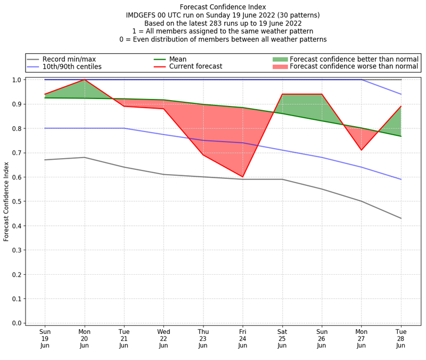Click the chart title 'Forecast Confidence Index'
(223, 7)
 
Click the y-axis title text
(7, 201)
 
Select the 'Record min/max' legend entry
(69, 59)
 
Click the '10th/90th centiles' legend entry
(72, 67)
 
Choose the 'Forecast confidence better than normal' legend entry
(354, 59)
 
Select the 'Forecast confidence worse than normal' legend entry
(354, 67)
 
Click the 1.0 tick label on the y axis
(17, 80)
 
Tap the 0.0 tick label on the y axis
(17, 323)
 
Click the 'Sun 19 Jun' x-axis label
(45, 339)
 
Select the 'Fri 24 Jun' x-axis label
(243, 339)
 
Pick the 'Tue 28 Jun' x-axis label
(401, 339)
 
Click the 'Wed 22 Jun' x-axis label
(163, 339)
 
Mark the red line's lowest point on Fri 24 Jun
(243, 177)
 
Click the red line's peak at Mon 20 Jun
(85, 80)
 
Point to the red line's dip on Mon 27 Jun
(362, 150)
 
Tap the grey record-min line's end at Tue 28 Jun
(401, 218)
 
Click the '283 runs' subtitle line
(223, 23)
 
